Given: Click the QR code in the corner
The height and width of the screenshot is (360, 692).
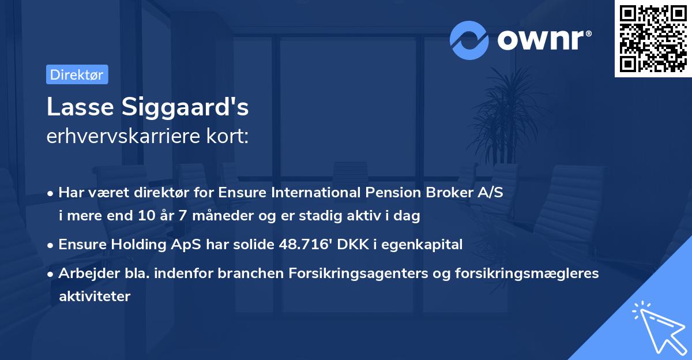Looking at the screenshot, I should tap(653, 39).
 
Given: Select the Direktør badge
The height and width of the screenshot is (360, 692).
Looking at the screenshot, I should tap(77, 74).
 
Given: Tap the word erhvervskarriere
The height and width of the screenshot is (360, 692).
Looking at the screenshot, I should tap(116, 136).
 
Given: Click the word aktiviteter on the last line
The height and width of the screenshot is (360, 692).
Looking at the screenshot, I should tap(95, 297).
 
